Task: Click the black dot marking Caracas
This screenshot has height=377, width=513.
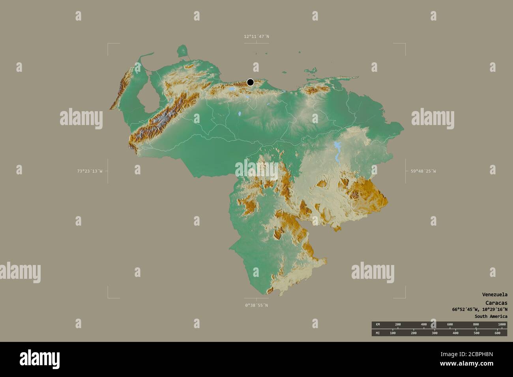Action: pyautogui.click(x=250, y=82)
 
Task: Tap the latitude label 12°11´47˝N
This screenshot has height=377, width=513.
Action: pyautogui.click(x=256, y=37)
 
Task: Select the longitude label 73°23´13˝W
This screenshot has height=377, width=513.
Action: pyautogui.click(x=90, y=171)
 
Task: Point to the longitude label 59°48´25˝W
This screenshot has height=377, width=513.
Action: pyautogui.click(x=423, y=171)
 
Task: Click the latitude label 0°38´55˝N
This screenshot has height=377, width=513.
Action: pyautogui.click(x=256, y=305)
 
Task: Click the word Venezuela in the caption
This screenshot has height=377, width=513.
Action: pyautogui.click(x=494, y=295)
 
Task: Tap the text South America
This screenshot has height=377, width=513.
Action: pyautogui.click(x=491, y=316)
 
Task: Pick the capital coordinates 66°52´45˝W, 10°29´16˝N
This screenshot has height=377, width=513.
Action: pyautogui.click(x=480, y=309)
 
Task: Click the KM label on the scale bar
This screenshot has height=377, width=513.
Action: pyautogui.click(x=378, y=324)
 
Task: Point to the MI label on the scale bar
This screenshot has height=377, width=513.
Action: pyautogui.click(x=378, y=333)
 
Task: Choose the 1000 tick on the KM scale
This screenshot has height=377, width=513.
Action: pyautogui.click(x=502, y=324)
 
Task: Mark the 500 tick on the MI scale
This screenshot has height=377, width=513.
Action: pyautogui.click(x=476, y=333)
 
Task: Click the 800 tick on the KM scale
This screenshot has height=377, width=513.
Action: pyautogui.click(x=476, y=324)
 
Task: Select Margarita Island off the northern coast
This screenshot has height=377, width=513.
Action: pyautogui.click(x=312, y=71)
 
